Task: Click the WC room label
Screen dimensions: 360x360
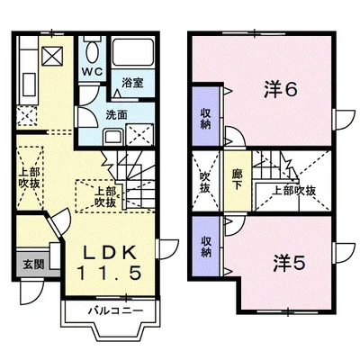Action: point(93,72)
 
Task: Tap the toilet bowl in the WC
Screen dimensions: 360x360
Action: point(93,51)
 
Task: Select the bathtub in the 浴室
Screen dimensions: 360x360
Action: point(133,51)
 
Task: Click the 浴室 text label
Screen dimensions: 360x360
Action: point(132,83)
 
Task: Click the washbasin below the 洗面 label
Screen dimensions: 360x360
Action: point(113,137)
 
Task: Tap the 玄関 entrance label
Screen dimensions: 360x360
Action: point(33,265)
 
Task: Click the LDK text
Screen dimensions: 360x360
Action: point(110,253)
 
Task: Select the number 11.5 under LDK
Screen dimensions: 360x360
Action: point(110,273)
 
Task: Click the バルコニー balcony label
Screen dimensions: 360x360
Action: point(115,310)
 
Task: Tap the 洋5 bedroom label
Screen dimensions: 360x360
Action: point(289,263)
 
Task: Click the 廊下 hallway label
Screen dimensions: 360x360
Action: point(238,179)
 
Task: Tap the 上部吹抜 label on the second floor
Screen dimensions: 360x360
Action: point(293,191)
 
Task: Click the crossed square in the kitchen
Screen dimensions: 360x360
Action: point(52,56)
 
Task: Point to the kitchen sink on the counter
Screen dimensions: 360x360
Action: point(29,85)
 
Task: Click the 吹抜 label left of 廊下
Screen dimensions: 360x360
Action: point(205,183)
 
